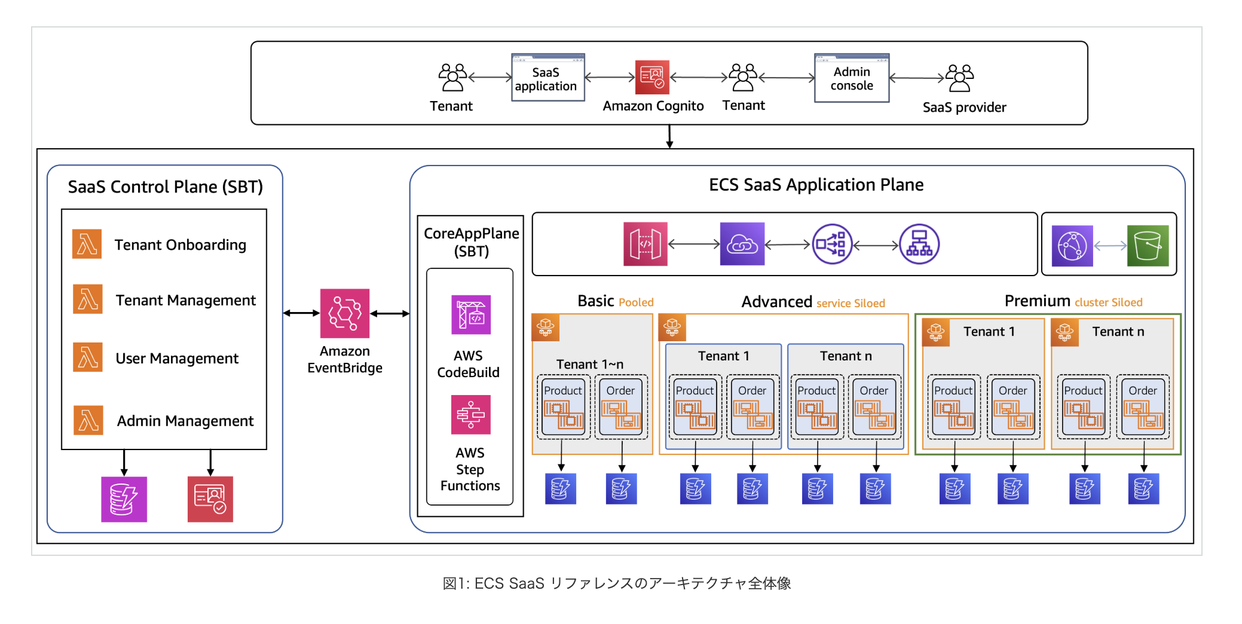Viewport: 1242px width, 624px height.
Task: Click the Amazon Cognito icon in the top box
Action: pos(651,77)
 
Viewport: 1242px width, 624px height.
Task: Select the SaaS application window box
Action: pos(547,78)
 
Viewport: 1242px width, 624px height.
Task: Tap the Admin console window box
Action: pos(851,78)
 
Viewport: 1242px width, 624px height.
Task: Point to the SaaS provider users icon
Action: pos(959,78)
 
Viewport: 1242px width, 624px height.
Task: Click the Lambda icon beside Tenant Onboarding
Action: pos(87,244)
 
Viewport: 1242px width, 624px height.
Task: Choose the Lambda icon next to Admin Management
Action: pos(88,420)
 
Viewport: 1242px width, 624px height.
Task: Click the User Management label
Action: pos(177,359)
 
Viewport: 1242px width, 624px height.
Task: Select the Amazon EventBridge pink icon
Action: pos(344,313)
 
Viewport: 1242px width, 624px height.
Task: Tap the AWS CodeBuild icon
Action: pos(470,314)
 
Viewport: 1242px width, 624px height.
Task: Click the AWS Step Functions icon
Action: pos(470,414)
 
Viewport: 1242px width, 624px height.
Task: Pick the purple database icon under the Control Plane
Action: pos(124,499)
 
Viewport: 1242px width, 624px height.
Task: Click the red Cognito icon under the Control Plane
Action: pos(210,499)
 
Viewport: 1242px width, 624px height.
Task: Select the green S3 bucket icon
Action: pos(1147,246)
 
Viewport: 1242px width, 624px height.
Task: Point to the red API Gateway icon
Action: pos(645,244)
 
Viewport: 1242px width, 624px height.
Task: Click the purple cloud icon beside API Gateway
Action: pos(742,244)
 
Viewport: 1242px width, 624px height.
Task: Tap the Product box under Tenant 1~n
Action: pos(562,407)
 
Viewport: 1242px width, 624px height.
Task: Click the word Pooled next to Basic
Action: pos(636,302)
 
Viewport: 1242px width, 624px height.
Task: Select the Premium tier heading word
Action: pos(1037,301)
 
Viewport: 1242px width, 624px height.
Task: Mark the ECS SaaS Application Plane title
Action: pos(816,185)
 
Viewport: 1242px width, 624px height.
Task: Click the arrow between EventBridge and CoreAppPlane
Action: pos(390,313)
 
